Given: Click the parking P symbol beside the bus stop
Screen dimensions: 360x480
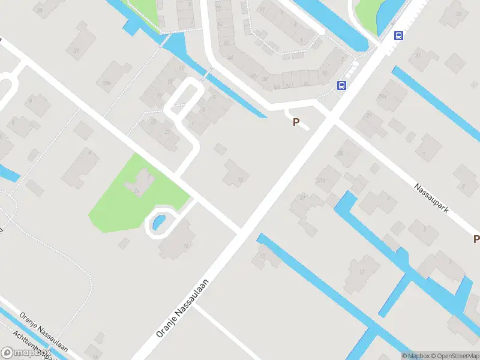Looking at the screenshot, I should click(x=295, y=122).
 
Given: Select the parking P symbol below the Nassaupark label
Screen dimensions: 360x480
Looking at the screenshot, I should click(x=476, y=239).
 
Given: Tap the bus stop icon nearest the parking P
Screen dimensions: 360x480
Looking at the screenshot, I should click(x=341, y=85).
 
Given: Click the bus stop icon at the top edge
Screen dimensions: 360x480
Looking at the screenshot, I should click(x=398, y=35).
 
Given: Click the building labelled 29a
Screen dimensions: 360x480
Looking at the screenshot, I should click(x=391, y=96).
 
